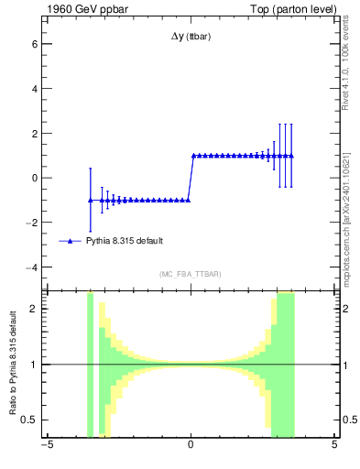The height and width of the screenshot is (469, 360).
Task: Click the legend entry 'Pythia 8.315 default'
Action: [125, 241]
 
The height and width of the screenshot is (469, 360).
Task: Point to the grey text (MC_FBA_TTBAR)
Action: [190, 274]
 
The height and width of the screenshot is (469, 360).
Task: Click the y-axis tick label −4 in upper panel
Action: [30, 267]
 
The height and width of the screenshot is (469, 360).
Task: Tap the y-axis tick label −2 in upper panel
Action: [30, 223]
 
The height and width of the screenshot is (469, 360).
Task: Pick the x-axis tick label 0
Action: [190, 446]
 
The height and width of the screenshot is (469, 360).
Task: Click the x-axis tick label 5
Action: [334, 446]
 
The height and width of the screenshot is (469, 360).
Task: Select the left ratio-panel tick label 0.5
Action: [28, 420]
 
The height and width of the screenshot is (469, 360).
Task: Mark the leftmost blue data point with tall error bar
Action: [90, 200]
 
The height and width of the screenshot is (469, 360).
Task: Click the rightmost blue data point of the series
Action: [290, 156]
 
